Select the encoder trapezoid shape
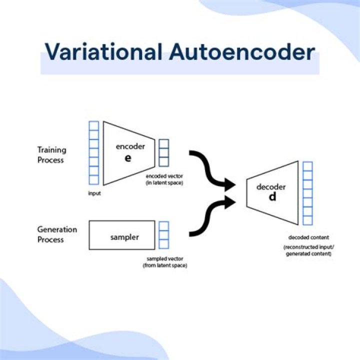pyautogui.click(x=128, y=152)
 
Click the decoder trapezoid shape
pyautogui.click(x=272, y=191)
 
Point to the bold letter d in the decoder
pyautogui.click(x=272, y=196)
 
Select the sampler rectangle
pyautogui.click(x=121, y=234)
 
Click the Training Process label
pyautogui.click(x=51, y=154)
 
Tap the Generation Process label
pyautogui.click(x=57, y=234)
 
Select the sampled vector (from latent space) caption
pyautogui.click(x=164, y=261)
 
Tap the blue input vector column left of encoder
pyautogui.click(x=93, y=152)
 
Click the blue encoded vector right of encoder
pyautogui.click(x=163, y=152)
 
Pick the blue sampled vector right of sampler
pyautogui.click(x=163, y=234)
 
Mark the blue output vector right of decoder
pyautogui.click(x=307, y=193)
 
